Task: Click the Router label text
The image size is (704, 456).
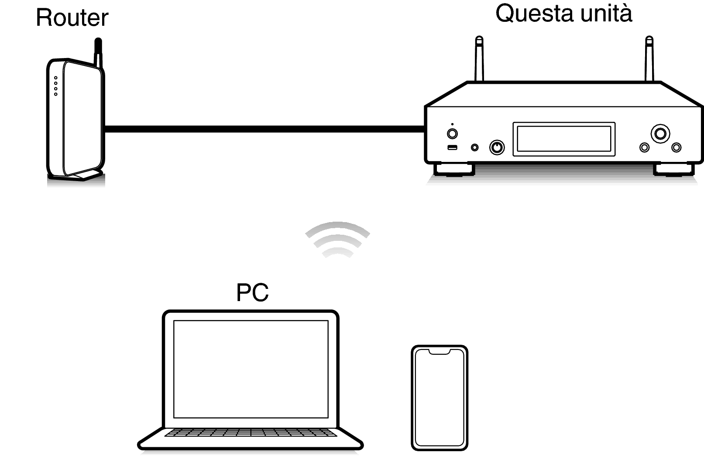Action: (x=72, y=17)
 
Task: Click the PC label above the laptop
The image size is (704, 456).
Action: (x=252, y=292)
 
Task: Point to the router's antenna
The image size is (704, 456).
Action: (x=98, y=53)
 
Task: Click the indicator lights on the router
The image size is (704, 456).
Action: (x=55, y=86)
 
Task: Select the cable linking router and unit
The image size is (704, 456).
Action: (x=264, y=129)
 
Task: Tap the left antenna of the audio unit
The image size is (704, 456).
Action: (x=479, y=59)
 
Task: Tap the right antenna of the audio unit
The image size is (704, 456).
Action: (x=649, y=59)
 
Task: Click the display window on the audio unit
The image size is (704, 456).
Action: (x=564, y=139)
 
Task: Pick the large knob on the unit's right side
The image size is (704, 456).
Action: (x=660, y=134)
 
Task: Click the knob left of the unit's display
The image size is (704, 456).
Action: (x=497, y=147)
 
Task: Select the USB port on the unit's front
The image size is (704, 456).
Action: (x=452, y=147)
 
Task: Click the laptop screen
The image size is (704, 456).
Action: (x=251, y=369)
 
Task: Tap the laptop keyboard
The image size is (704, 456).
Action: (x=251, y=432)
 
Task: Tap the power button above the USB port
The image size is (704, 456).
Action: (x=452, y=134)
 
